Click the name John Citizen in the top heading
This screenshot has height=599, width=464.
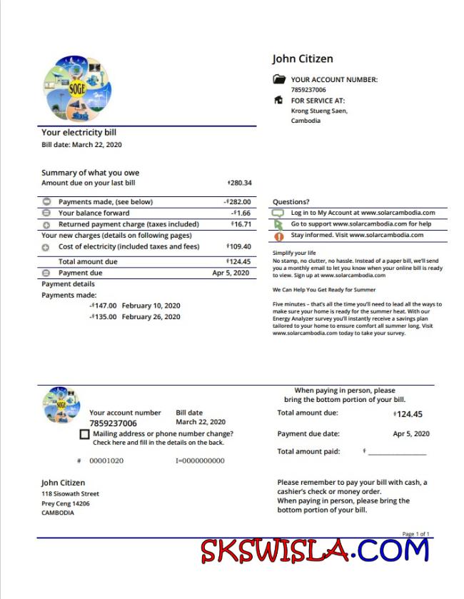302,59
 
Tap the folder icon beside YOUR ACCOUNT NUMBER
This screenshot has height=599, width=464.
279,80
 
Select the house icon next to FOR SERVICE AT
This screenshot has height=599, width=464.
279,101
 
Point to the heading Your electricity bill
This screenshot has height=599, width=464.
79,132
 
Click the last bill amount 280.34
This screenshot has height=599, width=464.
239,183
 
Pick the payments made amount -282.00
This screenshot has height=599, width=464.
237,202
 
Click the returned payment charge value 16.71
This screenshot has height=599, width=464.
241,224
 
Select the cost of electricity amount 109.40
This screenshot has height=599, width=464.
239,246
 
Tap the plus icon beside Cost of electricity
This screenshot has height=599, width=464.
46,247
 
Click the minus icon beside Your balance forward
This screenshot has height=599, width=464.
46,213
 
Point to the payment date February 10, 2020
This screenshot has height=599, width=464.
151,306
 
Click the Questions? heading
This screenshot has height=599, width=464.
291,202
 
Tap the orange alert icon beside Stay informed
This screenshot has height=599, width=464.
278,236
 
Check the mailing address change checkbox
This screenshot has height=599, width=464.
85,434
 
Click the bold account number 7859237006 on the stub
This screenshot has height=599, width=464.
113,423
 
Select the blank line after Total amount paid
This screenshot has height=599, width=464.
397,453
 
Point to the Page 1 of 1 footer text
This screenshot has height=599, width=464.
415,534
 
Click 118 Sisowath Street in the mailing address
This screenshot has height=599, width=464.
70,494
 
